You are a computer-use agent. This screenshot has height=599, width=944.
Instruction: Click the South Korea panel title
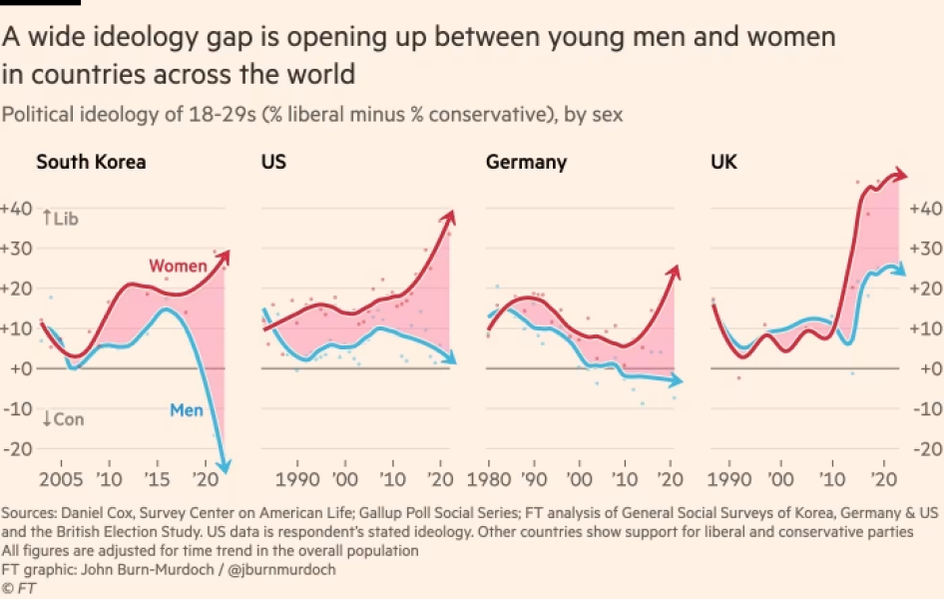point(91,162)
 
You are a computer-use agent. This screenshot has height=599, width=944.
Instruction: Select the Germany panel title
point(526,162)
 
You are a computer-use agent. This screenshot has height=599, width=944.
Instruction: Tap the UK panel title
point(723,162)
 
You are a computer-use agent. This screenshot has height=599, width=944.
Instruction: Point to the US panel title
point(273,162)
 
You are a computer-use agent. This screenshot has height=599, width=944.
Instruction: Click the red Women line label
point(178,266)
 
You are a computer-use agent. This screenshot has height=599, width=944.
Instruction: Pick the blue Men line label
point(188,409)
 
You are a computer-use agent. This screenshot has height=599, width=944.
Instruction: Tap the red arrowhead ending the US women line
point(448,217)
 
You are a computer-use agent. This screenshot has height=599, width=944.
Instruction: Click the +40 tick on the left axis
point(17,209)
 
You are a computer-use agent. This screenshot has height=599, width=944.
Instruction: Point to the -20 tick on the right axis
point(927,448)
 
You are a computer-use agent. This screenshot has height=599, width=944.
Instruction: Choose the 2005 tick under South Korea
point(59,479)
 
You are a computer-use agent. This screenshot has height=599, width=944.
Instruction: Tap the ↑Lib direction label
point(60,218)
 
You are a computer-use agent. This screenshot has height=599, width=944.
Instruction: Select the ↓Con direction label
point(62,419)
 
